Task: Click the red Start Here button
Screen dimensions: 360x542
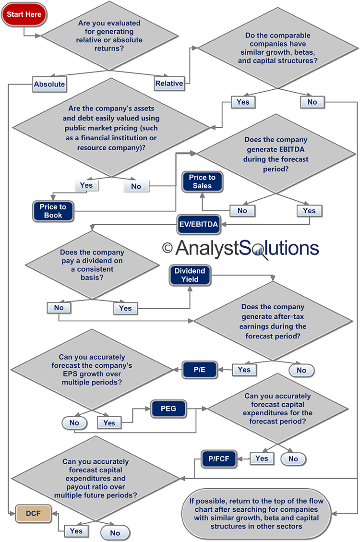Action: [24, 14]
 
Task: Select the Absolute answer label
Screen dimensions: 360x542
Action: [49, 84]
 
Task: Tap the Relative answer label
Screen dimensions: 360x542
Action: [169, 84]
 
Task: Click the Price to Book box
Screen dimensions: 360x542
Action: [53, 211]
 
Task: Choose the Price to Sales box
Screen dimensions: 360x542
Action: [202, 182]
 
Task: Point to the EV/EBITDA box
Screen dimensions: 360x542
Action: [199, 224]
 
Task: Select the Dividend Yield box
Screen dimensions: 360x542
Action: [190, 275]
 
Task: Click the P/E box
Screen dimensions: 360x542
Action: [200, 370]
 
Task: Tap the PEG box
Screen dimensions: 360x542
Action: [168, 409]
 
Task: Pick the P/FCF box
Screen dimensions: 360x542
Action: [219, 459]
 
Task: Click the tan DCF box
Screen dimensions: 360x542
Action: [33, 514]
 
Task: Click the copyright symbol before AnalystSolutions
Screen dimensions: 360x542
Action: [167, 248]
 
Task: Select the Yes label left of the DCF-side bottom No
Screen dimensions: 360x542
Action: [76, 531]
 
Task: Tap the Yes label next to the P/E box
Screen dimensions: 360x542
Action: [244, 370]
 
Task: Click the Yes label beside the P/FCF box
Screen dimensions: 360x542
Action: [262, 458]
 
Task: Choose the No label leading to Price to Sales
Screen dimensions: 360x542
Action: [242, 211]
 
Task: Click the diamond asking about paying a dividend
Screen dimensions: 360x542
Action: [92, 265]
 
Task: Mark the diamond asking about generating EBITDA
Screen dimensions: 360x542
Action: [276, 154]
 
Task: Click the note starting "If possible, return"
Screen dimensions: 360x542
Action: [256, 514]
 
